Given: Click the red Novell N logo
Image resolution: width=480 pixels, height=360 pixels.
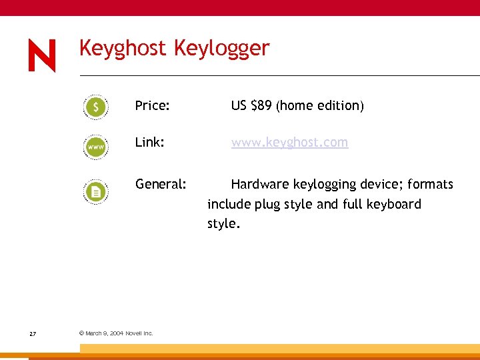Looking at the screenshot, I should (x=42, y=55).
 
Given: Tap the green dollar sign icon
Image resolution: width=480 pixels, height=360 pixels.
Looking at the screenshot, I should (x=96, y=107).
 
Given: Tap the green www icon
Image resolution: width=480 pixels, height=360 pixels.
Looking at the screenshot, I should (x=96, y=146).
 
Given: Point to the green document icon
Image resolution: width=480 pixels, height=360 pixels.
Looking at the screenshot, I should (x=96, y=192).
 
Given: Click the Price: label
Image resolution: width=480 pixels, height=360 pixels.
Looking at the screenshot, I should (x=152, y=105).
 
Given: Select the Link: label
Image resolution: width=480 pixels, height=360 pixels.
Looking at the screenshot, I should (x=149, y=143).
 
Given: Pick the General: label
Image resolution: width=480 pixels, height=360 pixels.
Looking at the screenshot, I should (x=161, y=184).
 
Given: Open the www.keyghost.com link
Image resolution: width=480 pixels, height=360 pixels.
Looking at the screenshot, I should (x=289, y=143).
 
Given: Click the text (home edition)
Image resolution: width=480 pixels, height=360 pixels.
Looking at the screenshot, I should (x=320, y=105).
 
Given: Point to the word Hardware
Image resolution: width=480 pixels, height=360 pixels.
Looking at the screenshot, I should (x=260, y=184).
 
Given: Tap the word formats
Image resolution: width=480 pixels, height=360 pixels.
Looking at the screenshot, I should (x=430, y=184).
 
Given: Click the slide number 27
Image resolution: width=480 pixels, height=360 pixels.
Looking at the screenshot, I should (x=33, y=333).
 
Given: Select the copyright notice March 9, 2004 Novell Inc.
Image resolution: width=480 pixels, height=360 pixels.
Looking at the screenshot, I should (x=116, y=333).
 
